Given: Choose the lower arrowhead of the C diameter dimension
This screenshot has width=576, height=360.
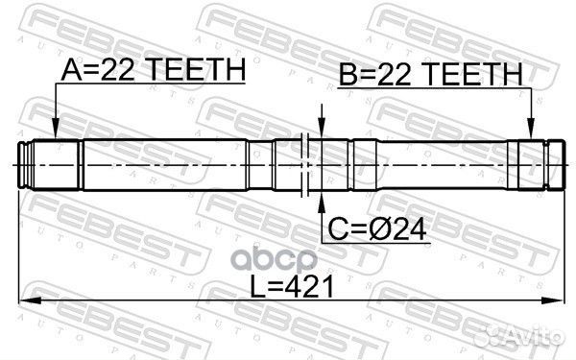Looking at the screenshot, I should (321, 197).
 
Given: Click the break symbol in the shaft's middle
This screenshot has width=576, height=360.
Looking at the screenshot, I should (303, 164).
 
